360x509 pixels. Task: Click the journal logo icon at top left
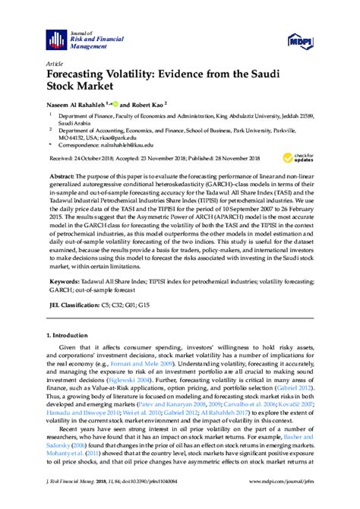coord(55,39)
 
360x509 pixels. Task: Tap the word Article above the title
coord(54,65)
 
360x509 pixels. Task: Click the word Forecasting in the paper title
coord(81,77)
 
